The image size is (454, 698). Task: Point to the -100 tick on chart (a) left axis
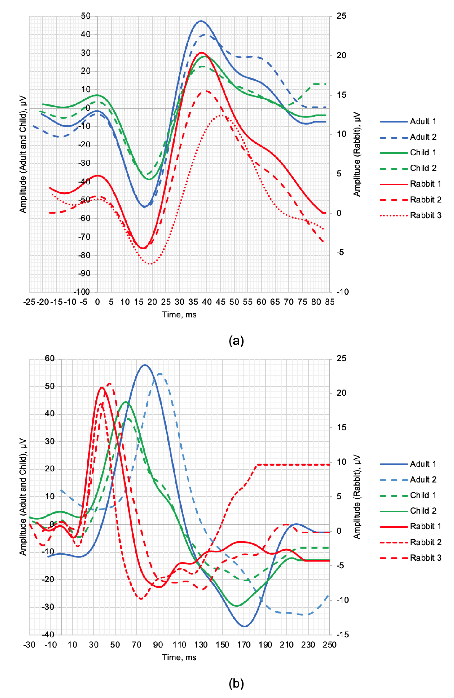coord(81,292)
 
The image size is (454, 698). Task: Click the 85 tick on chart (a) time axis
coord(329,302)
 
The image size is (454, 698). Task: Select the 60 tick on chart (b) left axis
coord(50,358)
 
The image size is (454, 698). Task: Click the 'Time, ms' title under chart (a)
coord(179,315)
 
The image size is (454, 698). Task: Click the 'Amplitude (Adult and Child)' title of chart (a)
coord(23,154)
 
